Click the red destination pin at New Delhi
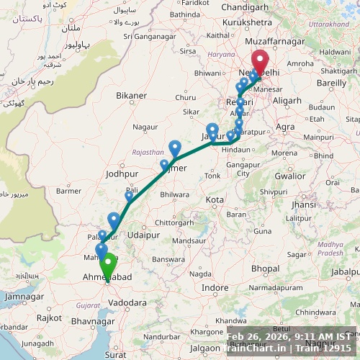pos(259,61)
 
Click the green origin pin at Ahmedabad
pos(109,264)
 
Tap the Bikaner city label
pos(130,95)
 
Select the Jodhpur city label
pos(120,174)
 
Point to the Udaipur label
pos(143,235)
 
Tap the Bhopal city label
pos(265,269)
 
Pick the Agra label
pos(285,127)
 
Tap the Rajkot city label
pos(49,318)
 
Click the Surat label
pos(115,355)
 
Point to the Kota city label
pos(215,199)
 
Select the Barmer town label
pos(69,191)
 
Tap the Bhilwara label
pos(175,194)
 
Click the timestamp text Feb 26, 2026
pos(260,336)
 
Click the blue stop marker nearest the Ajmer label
pos(175,148)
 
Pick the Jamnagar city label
pos(24,296)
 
